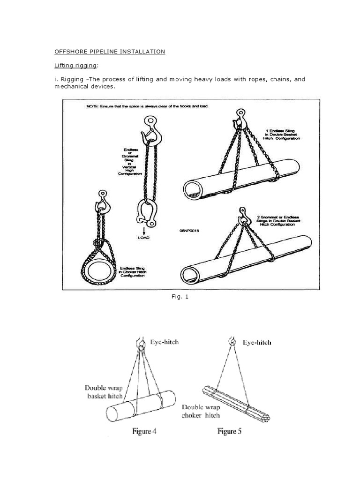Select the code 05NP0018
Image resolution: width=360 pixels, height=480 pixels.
coord(189,231)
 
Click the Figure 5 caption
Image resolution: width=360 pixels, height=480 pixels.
coord(229,431)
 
